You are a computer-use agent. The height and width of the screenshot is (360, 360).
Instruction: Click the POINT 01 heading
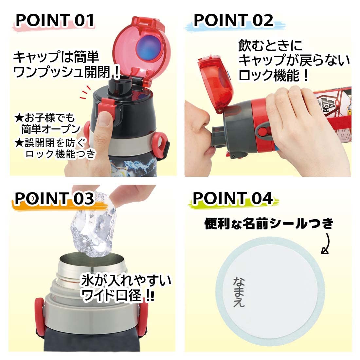pos(55,20)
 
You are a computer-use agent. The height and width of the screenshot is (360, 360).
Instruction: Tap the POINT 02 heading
pos(233,20)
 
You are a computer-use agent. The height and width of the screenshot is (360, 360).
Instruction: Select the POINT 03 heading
pos(54,198)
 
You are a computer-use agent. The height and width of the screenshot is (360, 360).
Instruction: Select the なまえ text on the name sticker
pos(239,292)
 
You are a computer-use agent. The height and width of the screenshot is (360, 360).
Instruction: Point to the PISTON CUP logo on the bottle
pos(324,104)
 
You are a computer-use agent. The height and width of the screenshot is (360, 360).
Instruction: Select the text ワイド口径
pos(111,295)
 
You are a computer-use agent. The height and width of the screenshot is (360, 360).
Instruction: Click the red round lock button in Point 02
pos(263,132)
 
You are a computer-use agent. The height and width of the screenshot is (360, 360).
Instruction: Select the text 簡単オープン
pos(50,129)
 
